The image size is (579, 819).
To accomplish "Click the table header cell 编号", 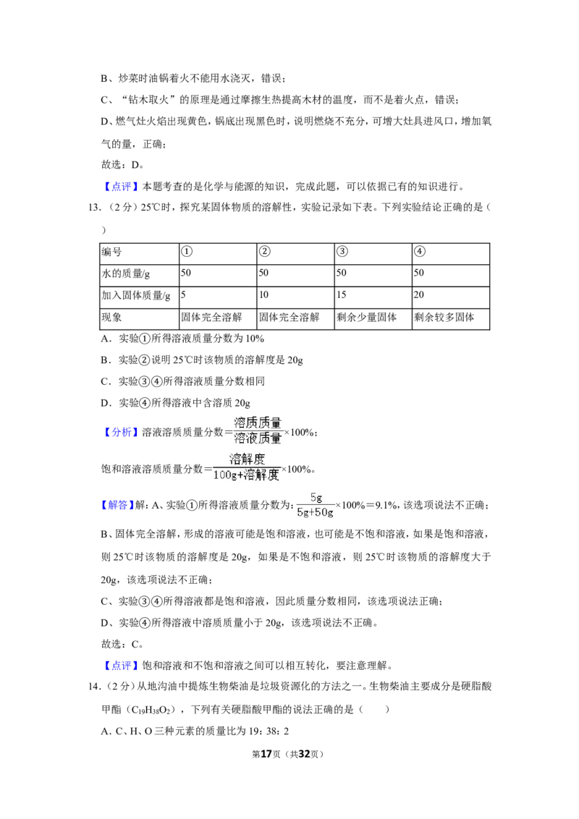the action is coord(111,252).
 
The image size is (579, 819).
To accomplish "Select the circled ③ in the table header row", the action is coord(342,252).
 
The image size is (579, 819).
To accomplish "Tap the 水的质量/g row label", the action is coord(125,273).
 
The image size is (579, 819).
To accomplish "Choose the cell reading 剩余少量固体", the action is coord(366,317).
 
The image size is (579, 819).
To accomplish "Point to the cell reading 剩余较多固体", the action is coord(444,317).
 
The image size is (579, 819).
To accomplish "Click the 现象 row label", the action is coord(111,317).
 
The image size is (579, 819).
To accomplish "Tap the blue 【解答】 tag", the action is coord(115,505).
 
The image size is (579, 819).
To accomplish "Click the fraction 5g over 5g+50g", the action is coord(315,505).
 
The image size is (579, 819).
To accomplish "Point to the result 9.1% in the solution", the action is coord(386,505).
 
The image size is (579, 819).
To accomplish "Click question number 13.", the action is coord(94,208).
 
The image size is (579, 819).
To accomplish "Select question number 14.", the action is coord(94,687).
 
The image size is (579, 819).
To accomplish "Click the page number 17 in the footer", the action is coord(266,754).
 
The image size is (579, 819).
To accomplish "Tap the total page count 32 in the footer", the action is coord(304,754).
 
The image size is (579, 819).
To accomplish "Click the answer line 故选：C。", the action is coord(122,644).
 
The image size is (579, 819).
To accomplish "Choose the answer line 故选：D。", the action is coord(122,164).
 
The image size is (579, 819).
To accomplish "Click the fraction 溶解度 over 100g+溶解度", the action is coord(246,467).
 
